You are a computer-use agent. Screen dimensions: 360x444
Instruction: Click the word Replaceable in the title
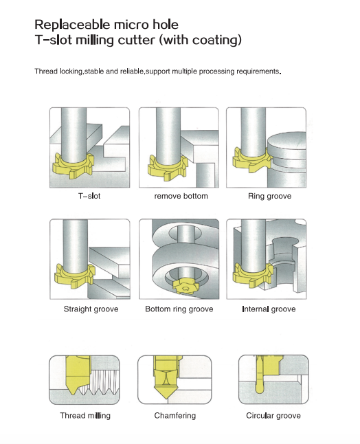click(73, 25)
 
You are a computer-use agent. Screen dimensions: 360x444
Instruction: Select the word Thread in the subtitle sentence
click(46, 71)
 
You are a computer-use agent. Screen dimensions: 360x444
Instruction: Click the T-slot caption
click(89, 196)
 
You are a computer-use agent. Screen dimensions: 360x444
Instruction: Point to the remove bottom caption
click(181, 196)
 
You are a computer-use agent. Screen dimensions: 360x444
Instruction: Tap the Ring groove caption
click(269, 196)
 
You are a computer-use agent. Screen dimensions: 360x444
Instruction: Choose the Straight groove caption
click(91, 309)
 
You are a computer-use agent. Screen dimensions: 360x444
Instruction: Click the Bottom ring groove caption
click(179, 309)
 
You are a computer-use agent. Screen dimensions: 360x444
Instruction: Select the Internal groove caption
click(269, 309)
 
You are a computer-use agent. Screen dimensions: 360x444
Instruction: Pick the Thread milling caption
click(85, 415)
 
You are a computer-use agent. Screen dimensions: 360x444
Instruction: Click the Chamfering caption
click(175, 415)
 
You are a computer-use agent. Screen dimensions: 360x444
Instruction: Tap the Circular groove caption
click(273, 415)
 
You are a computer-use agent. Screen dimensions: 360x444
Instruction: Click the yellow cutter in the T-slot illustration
click(73, 166)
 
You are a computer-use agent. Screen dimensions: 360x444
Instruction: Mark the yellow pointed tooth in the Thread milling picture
click(73, 390)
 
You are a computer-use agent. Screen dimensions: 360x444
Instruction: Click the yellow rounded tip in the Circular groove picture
click(260, 388)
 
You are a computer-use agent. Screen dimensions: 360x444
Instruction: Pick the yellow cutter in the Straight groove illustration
click(74, 276)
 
